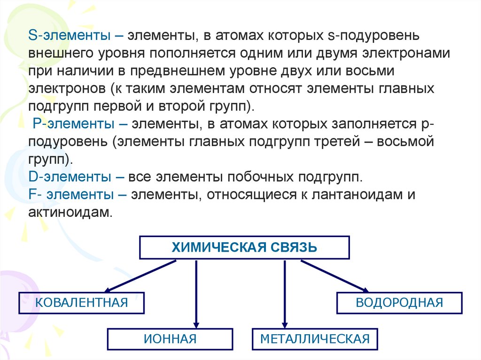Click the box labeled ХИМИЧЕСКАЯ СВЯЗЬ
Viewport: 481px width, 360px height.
pyautogui.click(x=244, y=247)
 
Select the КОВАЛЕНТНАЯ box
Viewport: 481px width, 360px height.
pyautogui.click(x=82, y=302)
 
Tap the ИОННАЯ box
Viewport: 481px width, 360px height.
pyautogui.click(x=170, y=339)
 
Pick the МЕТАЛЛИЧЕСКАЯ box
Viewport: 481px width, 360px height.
pyautogui.click(x=315, y=339)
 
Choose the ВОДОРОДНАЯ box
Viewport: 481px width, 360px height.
pyautogui.click(x=399, y=302)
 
